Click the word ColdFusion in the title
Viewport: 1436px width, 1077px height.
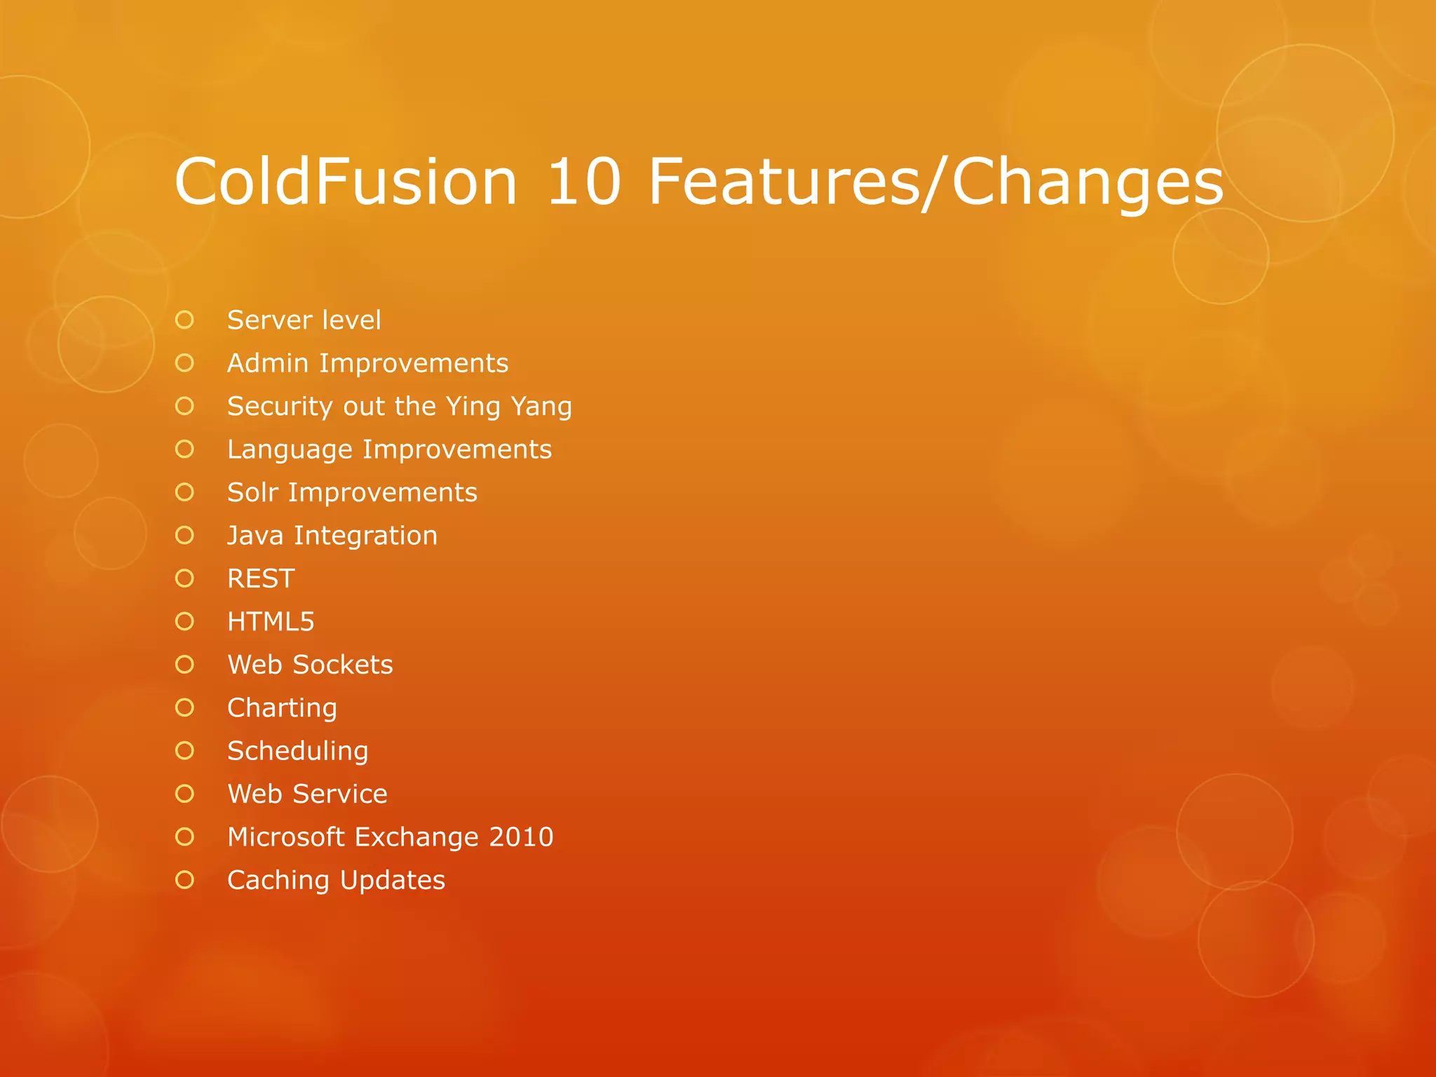346,182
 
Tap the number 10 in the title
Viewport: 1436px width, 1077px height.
583,182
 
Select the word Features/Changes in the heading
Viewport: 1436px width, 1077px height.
936,182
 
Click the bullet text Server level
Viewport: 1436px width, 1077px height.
304,320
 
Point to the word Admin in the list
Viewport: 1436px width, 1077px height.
268,363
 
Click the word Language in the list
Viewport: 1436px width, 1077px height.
290,449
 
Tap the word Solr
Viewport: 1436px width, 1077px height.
252,493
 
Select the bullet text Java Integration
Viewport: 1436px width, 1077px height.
332,536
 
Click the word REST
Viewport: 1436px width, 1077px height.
261,579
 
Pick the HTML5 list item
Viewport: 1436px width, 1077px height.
271,622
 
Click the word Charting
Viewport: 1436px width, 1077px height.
282,708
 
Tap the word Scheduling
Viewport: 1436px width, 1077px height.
297,751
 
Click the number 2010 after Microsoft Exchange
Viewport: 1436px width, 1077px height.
521,837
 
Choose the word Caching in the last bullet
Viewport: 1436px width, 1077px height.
278,881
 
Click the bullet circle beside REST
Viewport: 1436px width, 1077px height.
184,578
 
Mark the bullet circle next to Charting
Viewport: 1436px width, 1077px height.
184,707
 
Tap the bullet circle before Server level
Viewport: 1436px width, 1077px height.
184,320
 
